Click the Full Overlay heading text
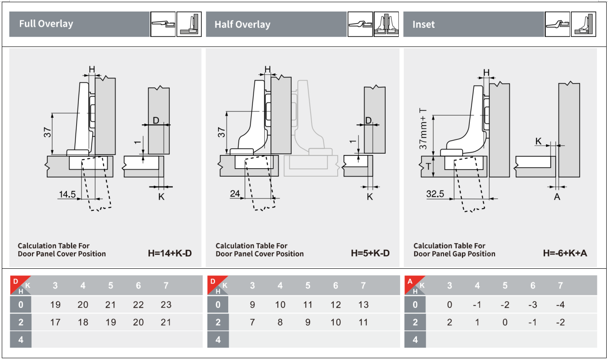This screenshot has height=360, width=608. [46, 24]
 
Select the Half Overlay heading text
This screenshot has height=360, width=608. [242, 24]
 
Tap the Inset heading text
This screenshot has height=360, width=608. [424, 24]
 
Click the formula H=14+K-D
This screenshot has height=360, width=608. [170, 253]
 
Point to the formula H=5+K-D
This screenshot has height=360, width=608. [370, 253]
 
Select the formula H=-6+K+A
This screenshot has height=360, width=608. [565, 253]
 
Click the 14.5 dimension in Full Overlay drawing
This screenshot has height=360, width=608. [67, 194]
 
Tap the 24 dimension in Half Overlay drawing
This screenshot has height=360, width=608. [235, 194]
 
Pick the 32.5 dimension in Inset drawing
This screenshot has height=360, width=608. [435, 194]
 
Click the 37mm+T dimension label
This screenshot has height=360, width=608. [423, 129]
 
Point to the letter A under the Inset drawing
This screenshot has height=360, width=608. [557, 197]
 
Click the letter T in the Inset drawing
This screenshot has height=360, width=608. [428, 166]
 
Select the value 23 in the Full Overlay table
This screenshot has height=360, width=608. [166, 305]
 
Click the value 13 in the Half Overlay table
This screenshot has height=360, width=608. [363, 305]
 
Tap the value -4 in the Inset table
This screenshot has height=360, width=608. [560, 305]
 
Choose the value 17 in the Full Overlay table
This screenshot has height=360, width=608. [55, 322]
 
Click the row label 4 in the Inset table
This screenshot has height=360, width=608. [415, 340]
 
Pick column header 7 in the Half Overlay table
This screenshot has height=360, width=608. [363, 286]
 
